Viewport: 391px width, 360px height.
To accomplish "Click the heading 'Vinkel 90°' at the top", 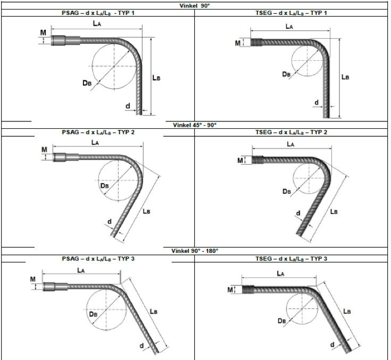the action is coord(195,6).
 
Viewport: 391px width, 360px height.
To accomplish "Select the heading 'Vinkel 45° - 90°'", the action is coord(195,125).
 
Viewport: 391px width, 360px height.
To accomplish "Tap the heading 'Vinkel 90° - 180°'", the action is coord(195,251).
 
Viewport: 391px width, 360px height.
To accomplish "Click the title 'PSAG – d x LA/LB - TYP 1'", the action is coord(98,13).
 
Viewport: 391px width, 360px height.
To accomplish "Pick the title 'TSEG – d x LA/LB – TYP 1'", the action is coord(291,13).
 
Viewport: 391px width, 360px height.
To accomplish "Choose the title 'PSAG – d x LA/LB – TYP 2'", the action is coord(98,132).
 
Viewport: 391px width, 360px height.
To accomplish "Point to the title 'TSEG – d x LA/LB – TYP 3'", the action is coord(291,259).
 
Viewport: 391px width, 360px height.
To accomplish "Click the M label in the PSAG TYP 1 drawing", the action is coord(43,32).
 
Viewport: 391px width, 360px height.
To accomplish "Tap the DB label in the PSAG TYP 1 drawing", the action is coord(87,83).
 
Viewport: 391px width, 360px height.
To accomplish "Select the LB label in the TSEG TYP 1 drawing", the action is coord(345,77).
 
